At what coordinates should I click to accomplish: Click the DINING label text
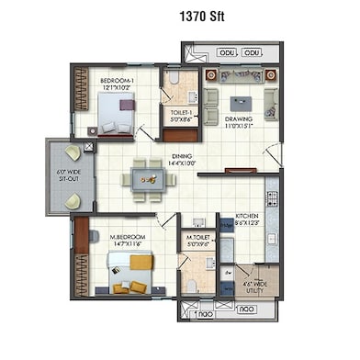[x=182, y=157]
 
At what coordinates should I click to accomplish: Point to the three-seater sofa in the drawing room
[x=242, y=74]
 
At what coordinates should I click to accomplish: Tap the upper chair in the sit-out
[x=72, y=153]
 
